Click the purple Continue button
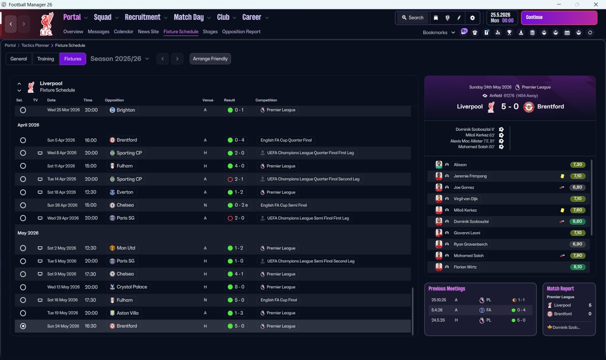pos(559,18)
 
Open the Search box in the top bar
pos(412,18)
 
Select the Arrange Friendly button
pos(210,59)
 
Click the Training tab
pos(45,59)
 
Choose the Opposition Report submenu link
pos(241,32)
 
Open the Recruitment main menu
pos(143,18)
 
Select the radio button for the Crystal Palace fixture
pos(23,287)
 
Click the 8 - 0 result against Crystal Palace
pos(240,287)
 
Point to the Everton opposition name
pos(125,192)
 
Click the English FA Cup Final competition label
pos(279,300)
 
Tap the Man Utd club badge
pos(112,248)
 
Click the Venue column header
pos(208,100)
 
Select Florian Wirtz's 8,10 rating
pos(577,267)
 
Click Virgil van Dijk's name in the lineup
pos(465,198)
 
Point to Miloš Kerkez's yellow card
pos(562,210)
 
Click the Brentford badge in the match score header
pos(529,107)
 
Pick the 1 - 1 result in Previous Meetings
pos(521,300)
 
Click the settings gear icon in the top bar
pos(472,18)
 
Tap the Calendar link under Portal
pos(124,32)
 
